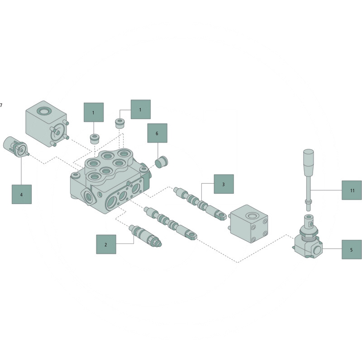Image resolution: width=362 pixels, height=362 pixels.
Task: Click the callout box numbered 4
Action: pos(22,195)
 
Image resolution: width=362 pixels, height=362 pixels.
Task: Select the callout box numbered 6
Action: pos(157,133)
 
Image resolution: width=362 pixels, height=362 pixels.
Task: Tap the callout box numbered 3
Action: pos(224,184)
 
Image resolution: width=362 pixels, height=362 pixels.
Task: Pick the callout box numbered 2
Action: pos(106,244)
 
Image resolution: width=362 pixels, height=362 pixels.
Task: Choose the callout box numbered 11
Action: pos(352,190)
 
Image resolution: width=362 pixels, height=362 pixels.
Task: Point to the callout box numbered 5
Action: pos(352,250)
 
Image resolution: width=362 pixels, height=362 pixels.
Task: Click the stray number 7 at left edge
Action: pos(1,105)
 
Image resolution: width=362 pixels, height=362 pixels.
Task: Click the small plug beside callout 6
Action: pos(162,162)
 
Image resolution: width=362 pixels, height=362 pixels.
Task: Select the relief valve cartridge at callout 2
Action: pos(146,236)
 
